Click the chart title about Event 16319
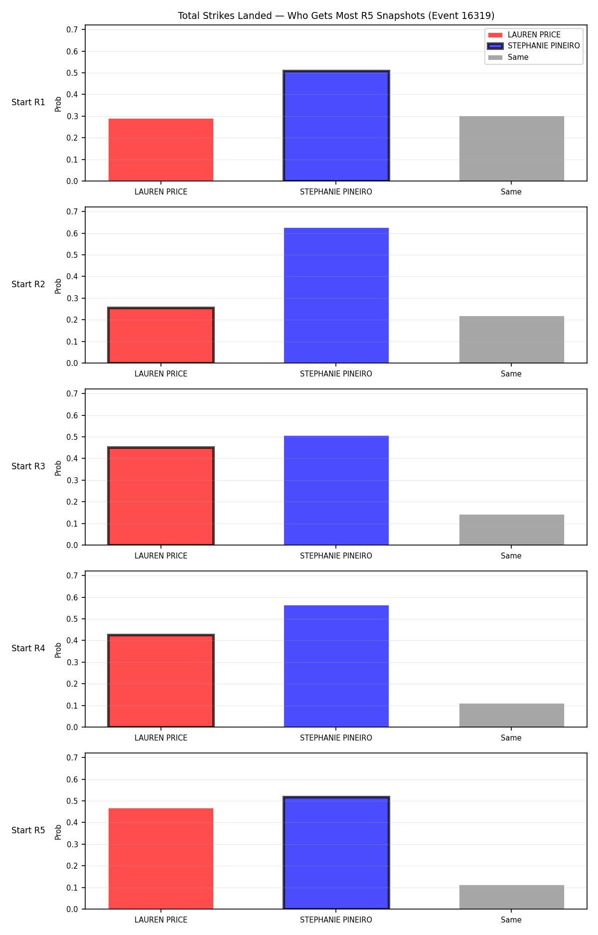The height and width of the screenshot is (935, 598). point(336,16)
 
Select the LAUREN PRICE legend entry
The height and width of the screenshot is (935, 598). point(524,35)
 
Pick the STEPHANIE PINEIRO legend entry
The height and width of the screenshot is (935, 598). point(534,46)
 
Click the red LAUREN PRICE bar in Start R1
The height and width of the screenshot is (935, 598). point(161,150)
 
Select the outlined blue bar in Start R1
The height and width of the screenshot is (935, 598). point(336,126)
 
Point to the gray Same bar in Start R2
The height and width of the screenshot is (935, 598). point(512,340)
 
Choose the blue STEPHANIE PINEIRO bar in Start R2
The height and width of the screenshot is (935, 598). point(336,295)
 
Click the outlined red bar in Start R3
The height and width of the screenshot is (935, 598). point(161,496)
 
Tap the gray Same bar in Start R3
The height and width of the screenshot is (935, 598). point(512,530)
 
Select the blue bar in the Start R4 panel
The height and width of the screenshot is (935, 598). point(336,666)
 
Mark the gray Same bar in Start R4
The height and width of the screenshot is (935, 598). point(512,715)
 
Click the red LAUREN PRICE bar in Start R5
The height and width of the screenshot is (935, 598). point(161,859)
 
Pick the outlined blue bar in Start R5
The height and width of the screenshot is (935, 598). point(336,853)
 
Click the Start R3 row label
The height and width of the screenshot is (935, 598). point(28,466)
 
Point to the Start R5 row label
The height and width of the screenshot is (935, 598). point(28,830)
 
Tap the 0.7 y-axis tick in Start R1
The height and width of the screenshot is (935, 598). point(72,30)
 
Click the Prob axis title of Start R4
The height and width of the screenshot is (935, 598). point(58,650)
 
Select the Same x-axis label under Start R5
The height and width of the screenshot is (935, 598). point(511,920)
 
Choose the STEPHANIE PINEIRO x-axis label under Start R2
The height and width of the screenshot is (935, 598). point(336,374)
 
